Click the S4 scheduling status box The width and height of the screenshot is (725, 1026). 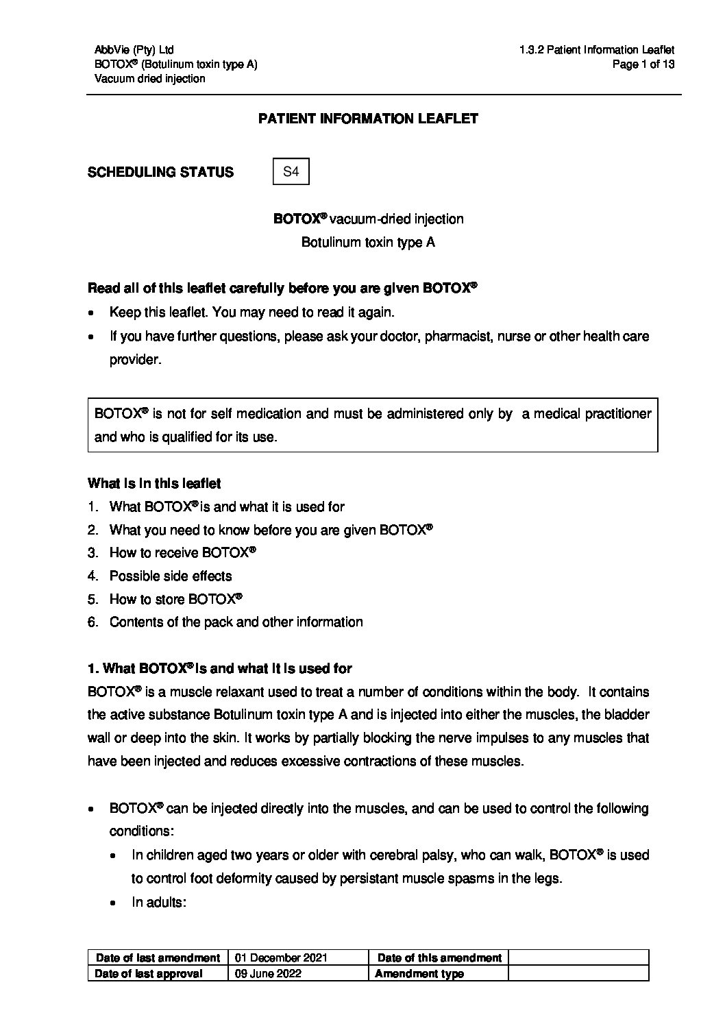pyautogui.click(x=291, y=172)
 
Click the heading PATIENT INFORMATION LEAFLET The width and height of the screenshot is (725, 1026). pyautogui.click(x=368, y=119)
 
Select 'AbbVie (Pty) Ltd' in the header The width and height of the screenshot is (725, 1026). pyautogui.click(x=134, y=50)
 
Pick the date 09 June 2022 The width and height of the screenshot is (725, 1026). pyautogui.click(x=268, y=974)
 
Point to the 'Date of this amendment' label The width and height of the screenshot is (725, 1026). pyautogui.click(x=439, y=958)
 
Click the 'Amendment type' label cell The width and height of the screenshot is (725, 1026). pyautogui.click(x=419, y=974)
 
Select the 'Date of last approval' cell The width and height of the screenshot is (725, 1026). pyautogui.click(x=149, y=974)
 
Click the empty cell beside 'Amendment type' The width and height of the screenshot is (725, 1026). pyautogui.click(x=578, y=974)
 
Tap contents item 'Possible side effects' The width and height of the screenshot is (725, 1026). pyautogui.click(x=171, y=576)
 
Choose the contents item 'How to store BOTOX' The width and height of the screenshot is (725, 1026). pyautogui.click(x=175, y=600)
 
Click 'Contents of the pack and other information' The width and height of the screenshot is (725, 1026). pyautogui.click(x=236, y=622)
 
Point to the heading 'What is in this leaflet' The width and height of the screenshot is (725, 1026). pyautogui.click(x=154, y=484)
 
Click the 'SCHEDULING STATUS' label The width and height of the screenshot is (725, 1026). pyautogui.click(x=160, y=173)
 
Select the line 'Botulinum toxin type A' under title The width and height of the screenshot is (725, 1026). pyautogui.click(x=368, y=243)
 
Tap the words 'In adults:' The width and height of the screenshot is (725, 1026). pyautogui.click(x=159, y=903)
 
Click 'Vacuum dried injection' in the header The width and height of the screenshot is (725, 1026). pyautogui.click(x=150, y=79)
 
